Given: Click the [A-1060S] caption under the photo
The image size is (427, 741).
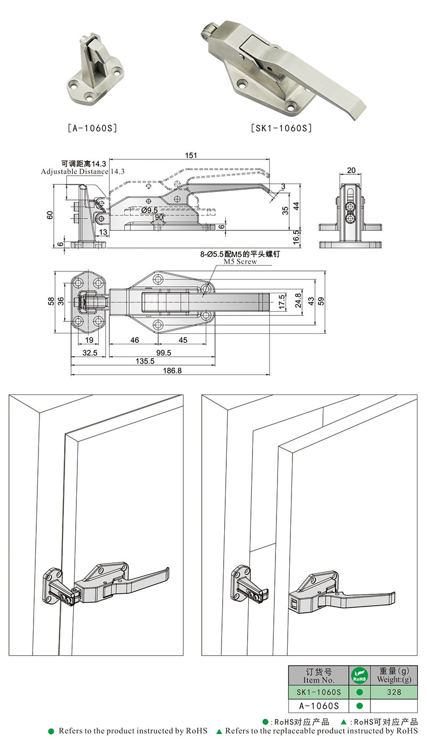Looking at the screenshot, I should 92,128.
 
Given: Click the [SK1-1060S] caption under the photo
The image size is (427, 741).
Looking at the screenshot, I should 281,128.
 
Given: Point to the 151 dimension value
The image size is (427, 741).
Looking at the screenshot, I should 191,156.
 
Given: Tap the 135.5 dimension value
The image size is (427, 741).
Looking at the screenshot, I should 145,361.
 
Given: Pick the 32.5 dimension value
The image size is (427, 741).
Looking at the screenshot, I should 90,352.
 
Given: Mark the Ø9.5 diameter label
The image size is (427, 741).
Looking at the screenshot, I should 150,211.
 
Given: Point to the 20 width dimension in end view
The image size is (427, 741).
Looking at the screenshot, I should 351,170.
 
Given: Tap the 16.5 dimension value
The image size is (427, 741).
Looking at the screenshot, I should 294,233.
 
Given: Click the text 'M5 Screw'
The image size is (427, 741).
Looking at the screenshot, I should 240,262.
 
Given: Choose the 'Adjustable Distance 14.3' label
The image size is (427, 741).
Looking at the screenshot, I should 83,172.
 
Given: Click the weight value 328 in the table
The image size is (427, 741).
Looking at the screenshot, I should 394,692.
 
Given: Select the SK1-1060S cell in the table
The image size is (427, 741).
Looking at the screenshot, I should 319,692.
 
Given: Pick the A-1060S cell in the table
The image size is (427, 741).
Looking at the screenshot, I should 319,706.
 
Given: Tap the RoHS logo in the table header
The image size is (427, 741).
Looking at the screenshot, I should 359,675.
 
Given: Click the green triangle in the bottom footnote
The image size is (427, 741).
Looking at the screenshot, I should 219,731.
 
